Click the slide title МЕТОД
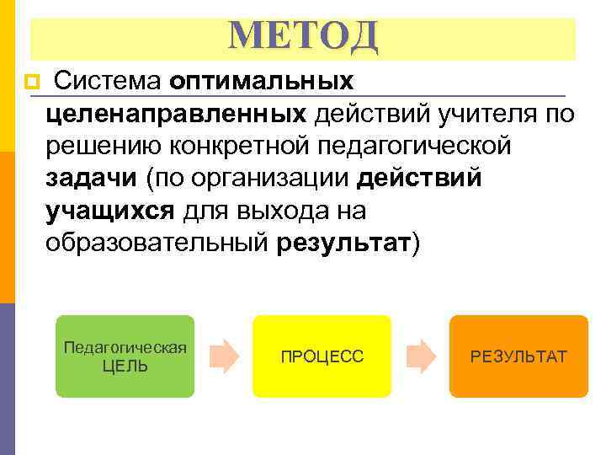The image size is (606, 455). click(304, 35)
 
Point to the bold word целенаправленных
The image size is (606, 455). click(176, 113)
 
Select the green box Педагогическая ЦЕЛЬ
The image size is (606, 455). click(125, 356)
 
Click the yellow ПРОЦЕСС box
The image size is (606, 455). click(322, 356)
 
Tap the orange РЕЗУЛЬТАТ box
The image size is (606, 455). click(518, 356)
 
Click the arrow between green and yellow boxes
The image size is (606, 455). click(222, 356)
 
